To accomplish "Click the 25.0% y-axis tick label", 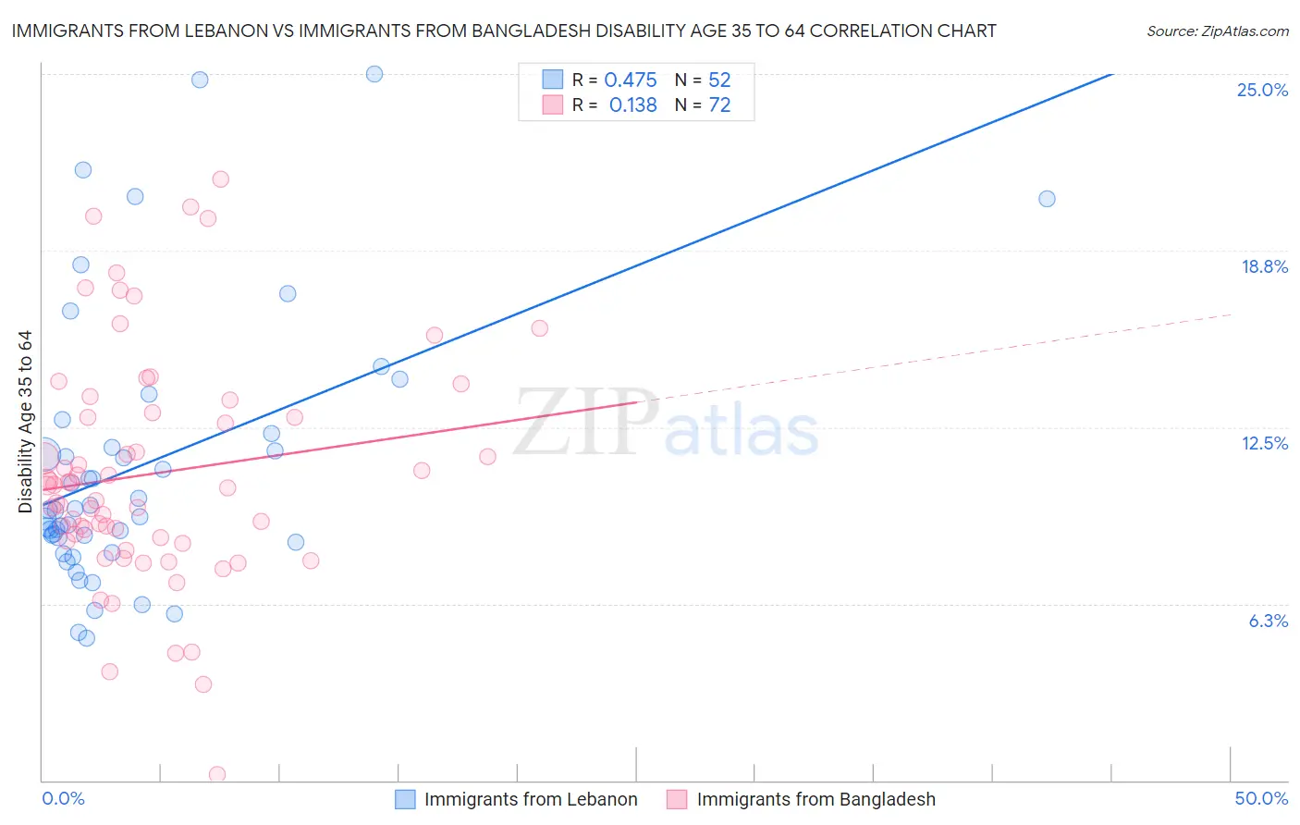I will point(1262,90).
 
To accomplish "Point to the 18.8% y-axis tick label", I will point(1264,266).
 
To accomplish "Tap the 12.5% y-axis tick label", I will point(1264,443).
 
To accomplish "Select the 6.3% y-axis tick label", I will point(1268,621).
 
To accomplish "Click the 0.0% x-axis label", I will point(63,798).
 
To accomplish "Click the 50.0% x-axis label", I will point(1261,798).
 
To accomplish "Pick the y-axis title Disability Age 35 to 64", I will point(25,422).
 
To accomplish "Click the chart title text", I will point(504,31).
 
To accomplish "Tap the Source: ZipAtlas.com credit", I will point(1217,31).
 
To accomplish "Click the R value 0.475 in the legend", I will point(630,80).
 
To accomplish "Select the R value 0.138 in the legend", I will point(632,105).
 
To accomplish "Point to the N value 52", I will point(719,80).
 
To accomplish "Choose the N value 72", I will point(719,105).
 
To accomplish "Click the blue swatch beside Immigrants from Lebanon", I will point(405,799).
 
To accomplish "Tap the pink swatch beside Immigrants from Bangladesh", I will point(677,799).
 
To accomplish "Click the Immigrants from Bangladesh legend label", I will point(816,799).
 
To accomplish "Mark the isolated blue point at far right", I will point(1047,199).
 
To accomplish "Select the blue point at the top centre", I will point(374,74).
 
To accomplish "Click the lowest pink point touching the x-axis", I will point(217,774).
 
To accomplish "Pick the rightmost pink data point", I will point(540,328).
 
